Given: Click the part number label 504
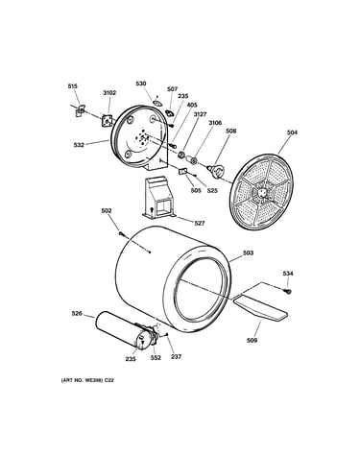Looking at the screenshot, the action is click(292, 132).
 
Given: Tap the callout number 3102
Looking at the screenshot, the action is click(109, 93).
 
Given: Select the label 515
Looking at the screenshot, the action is click(72, 86).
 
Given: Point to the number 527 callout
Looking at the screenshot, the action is click(199, 223).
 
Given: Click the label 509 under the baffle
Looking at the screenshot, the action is click(252, 341).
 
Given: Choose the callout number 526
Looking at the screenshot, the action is click(77, 314).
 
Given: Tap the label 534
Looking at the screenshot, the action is click(288, 274).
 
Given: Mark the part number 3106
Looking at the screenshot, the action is click(215, 123).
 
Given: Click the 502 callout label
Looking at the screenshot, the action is click(107, 210).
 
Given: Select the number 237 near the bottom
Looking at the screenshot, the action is click(176, 356).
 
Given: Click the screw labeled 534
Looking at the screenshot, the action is click(288, 291).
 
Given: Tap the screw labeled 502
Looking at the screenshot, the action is click(122, 234).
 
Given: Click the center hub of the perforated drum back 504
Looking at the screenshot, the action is click(262, 192).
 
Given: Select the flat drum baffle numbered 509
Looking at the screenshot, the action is click(260, 307).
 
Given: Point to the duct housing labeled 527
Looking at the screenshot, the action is click(158, 198).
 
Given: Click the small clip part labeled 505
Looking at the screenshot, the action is click(182, 172).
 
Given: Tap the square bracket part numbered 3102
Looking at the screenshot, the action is click(107, 120).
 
